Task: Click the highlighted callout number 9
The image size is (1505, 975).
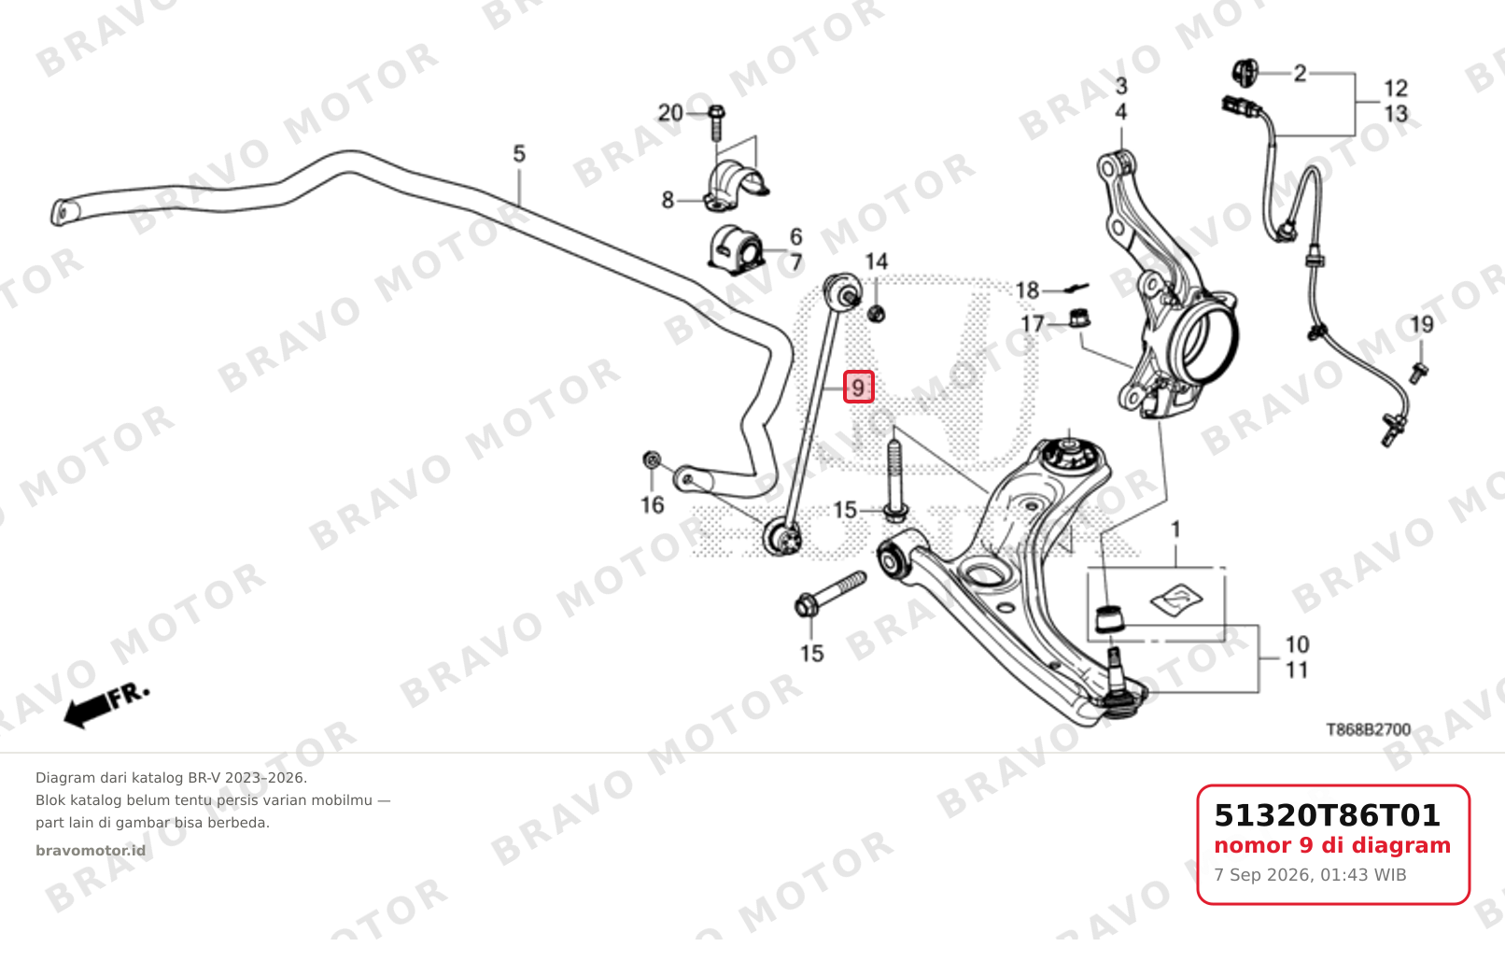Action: pyautogui.click(x=859, y=387)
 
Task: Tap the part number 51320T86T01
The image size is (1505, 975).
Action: pyautogui.click(x=1327, y=815)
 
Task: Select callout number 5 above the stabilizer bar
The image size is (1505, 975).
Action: pyautogui.click(x=519, y=154)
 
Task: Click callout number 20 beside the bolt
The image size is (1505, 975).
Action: pyautogui.click(x=669, y=113)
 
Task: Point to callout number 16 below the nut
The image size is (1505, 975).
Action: pyautogui.click(x=653, y=504)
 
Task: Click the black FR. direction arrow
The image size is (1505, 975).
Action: pyautogui.click(x=105, y=707)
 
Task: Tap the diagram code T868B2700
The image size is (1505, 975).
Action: pyautogui.click(x=1368, y=729)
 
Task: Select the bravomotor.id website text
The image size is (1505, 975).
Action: pyautogui.click(x=91, y=851)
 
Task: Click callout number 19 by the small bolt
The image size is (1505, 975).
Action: pyautogui.click(x=1422, y=325)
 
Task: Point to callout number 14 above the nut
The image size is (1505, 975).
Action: pyautogui.click(x=876, y=261)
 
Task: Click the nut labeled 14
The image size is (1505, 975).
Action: pyautogui.click(x=876, y=313)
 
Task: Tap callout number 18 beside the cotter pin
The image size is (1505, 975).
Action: pyautogui.click(x=1027, y=290)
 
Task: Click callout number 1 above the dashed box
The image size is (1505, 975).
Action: pyautogui.click(x=1175, y=530)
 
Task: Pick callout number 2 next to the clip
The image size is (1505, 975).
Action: pyautogui.click(x=1301, y=73)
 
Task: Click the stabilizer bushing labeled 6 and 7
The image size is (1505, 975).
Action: pyautogui.click(x=735, y=250)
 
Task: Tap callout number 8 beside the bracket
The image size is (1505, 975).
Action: pyautogui.click(x=668, y=200)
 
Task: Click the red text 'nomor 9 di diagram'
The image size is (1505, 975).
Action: pyautogui.click(x=1332, y=845)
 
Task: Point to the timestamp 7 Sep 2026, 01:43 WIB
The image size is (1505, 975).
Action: pyautogui.click(x=1310, y=875)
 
